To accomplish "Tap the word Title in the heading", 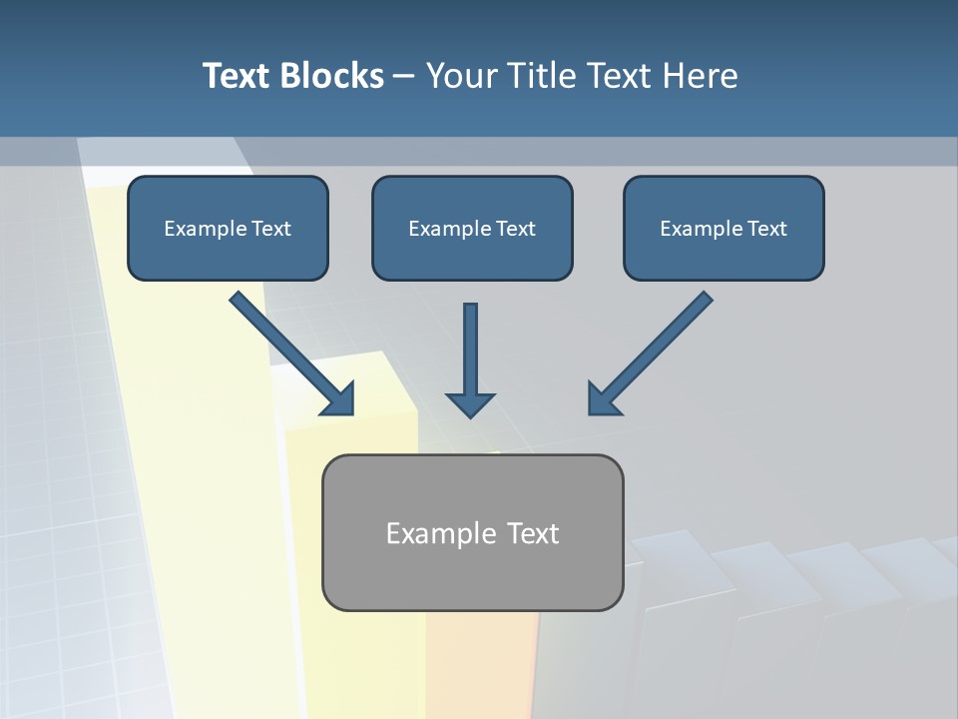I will click(544, 76).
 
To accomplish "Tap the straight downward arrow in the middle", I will click(470, 350).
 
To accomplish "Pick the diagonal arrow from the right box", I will click(659, 346).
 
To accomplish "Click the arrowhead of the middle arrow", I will click(470, 404).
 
